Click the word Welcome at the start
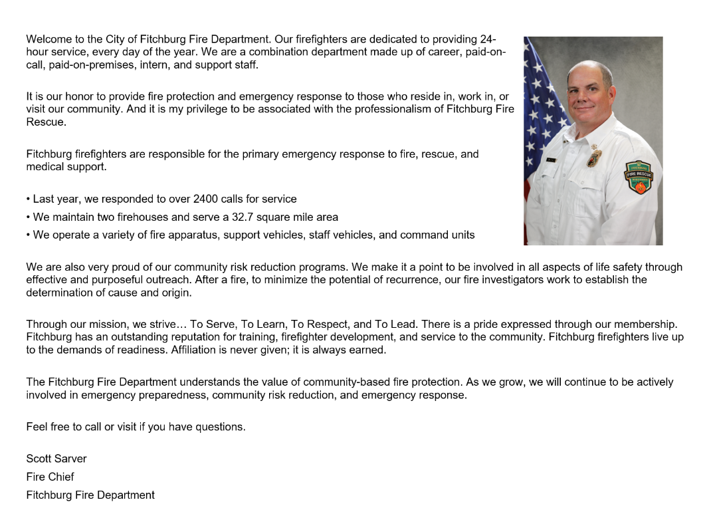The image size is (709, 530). (x=49, y=39)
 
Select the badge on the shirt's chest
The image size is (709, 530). (x=595, y=158)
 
